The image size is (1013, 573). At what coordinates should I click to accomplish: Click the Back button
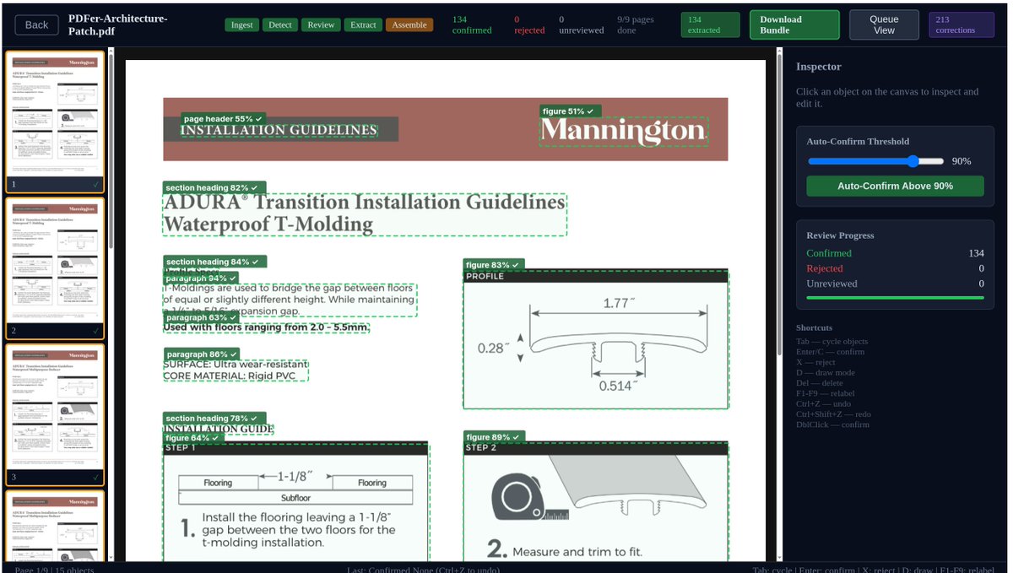tap(36, 25)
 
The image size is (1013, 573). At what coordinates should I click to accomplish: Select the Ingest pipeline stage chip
tap(242, 25)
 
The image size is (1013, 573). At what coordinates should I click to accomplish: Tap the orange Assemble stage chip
tap(409, 25)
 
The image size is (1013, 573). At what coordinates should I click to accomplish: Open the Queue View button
tap(884, 24)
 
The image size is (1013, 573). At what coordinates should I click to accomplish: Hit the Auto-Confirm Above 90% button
tap(895, 186)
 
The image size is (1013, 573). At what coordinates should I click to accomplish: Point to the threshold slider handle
tap(913, 161)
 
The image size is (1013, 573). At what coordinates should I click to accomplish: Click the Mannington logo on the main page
tap(623, 131)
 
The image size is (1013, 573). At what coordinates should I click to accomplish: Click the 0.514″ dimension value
tap(618, 386)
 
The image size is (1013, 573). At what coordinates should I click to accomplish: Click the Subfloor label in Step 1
tap(295, 498)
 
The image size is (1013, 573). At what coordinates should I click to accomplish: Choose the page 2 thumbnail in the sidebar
tap(55, 262)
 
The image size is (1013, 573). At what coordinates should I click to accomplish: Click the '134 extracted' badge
tap(704, 24)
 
